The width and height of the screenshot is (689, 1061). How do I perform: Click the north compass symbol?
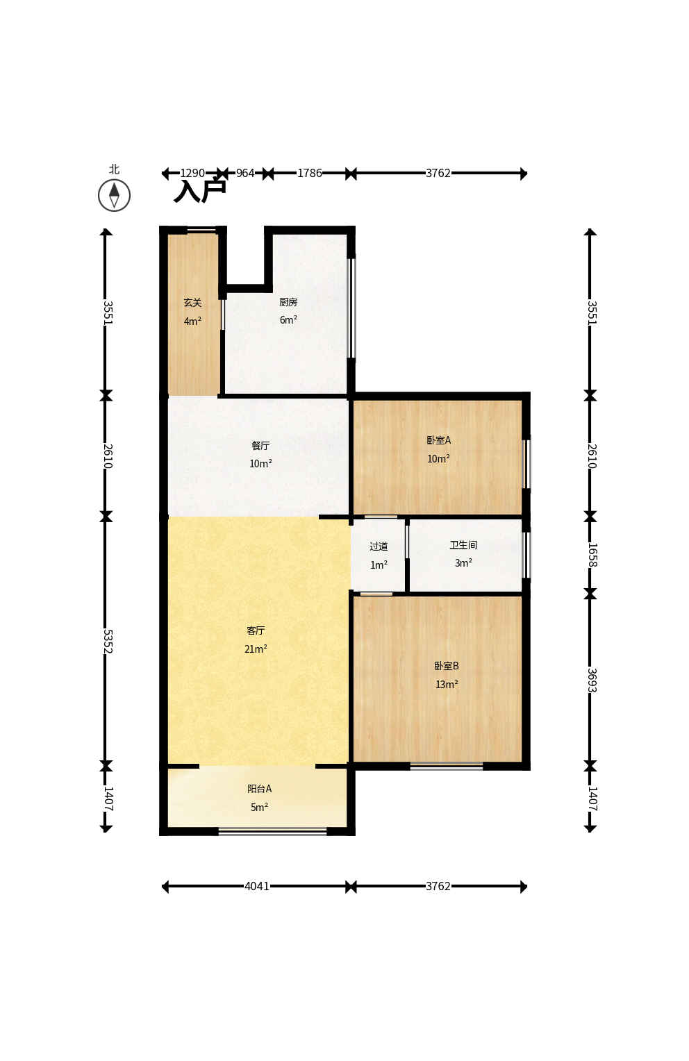[x=114, y=195]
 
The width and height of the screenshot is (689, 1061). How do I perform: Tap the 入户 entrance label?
[x=200, y=191]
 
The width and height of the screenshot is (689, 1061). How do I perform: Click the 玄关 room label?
[x=193, y=303]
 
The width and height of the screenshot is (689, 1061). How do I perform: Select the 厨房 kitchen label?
[x=288, y=302]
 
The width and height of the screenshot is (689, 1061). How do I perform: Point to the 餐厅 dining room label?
[x=260, y=445]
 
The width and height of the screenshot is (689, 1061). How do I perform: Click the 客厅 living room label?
[x=256, y=630]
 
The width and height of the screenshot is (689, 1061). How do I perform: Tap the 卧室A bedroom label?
[x=439, y=440]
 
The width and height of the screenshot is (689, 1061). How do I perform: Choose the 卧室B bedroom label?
[x=447, y=666]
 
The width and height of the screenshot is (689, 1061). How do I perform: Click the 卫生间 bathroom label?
[x=463, y=545]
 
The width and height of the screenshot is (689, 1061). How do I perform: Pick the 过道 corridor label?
[x=379, y=546]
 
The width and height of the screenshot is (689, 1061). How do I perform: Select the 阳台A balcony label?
[x=260, y=789]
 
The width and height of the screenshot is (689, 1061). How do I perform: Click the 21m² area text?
[x=256, y=649]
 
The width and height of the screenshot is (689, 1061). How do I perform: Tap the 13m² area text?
[x=447, y=685]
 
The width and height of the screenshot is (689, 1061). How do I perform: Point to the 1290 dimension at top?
[x=192, y=174]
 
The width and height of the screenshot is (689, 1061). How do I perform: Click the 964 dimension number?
[x=245, y=174]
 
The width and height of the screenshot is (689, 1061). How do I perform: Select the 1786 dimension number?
[x=310, y=174]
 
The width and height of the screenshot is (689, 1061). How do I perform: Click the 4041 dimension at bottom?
[x=257, y=886]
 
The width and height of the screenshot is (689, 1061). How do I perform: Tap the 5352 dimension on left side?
[x=108, y=642]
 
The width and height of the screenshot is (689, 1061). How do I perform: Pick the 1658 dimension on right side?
[x=592, y=555]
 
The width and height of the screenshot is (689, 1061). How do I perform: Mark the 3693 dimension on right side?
[x=592, y=680]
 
